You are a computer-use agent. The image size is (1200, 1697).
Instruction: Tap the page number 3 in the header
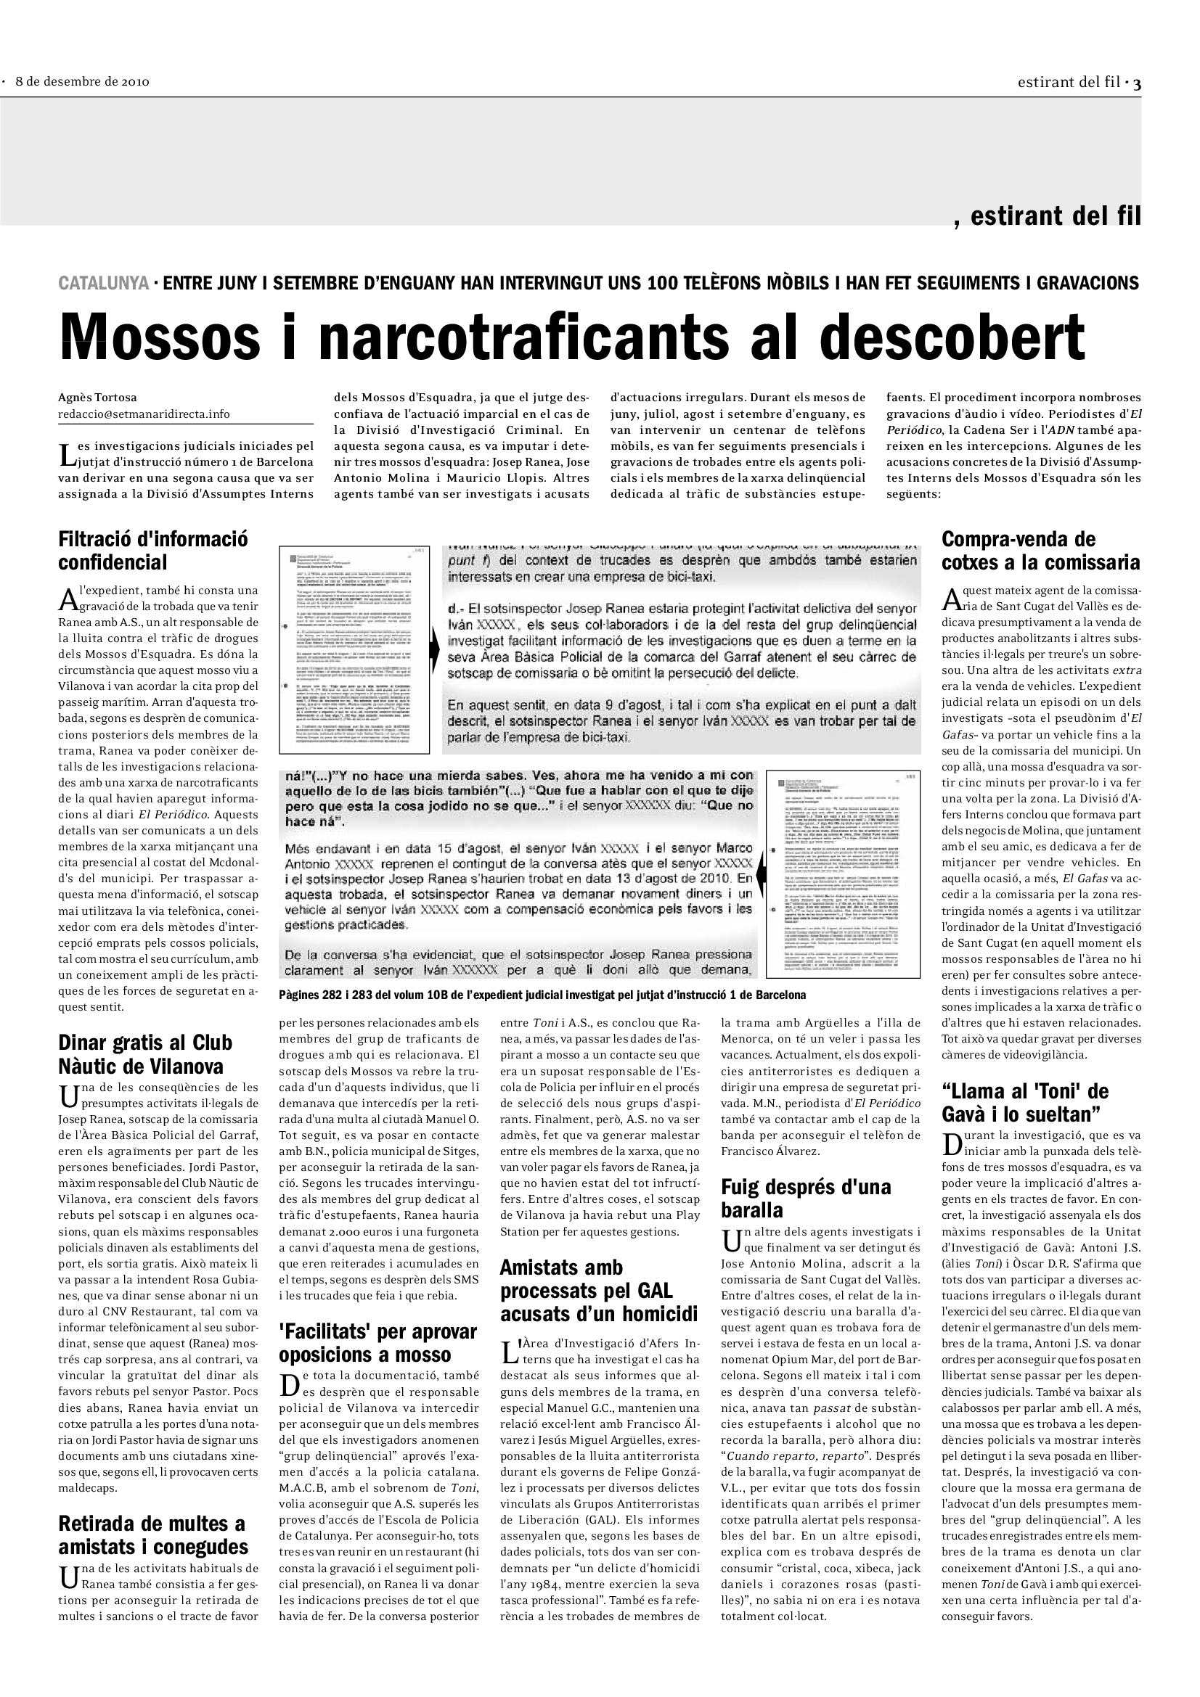(1137, 83)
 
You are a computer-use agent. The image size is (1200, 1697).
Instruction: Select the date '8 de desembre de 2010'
(82, 82)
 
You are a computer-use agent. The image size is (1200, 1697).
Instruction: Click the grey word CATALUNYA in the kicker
(104, 283)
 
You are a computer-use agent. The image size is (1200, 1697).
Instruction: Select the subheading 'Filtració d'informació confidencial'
(153, 551)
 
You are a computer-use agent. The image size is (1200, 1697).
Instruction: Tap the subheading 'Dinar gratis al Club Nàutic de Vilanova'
(145, 1055)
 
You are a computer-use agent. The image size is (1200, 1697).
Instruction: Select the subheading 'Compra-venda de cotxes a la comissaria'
(1040, 551)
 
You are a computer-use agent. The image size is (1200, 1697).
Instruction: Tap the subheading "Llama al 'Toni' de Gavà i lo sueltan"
(1025, 1103)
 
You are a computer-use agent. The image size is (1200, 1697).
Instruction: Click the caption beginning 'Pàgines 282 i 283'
(542, 995)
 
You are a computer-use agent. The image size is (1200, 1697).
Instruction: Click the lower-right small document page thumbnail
(844, 872)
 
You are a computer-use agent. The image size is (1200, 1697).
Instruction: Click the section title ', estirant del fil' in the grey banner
(1048, 215)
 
